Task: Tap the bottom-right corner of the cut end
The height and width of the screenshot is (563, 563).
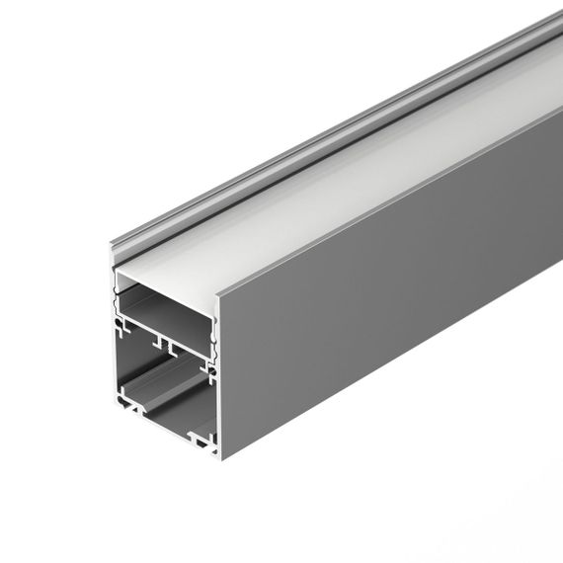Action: coord(217,456)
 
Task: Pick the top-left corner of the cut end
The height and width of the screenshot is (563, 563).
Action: coord(113,245)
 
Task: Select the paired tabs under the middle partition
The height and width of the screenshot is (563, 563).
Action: coord(164,347)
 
